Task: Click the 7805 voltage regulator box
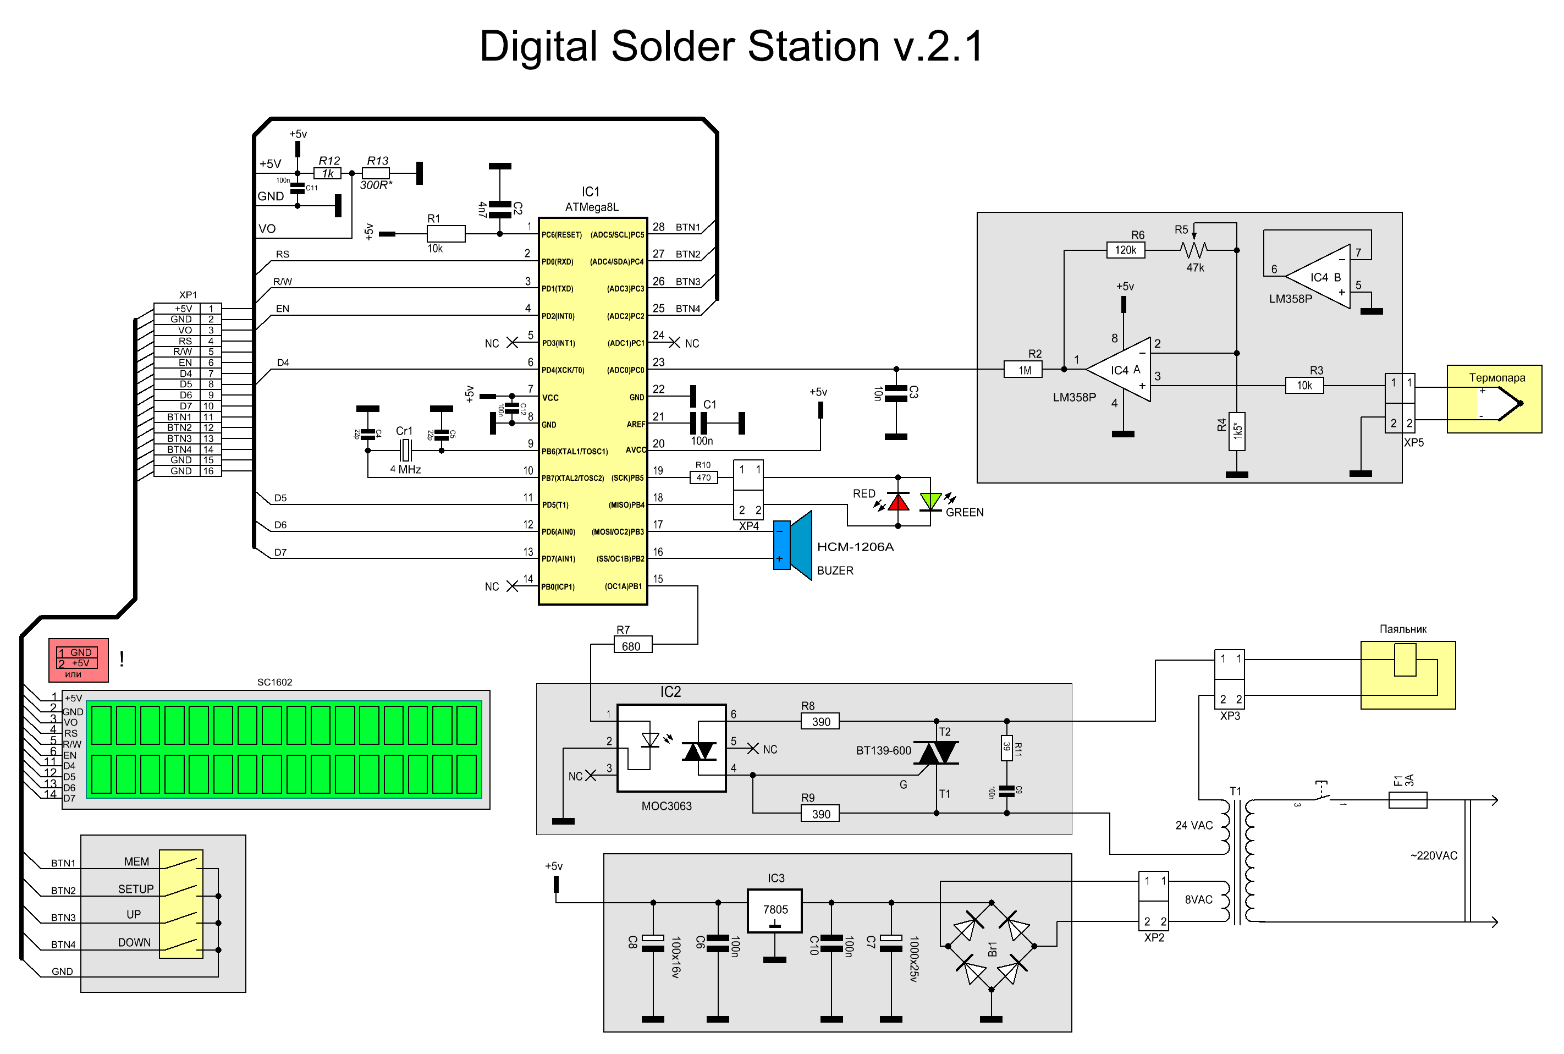click(775, 911)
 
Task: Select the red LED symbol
click(898, 502)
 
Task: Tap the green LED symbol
click(930, 502)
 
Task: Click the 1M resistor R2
click(1023, 370)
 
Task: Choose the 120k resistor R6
click(1125, 250)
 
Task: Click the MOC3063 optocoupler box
click(671, 748)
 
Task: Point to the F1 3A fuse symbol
click(1407, 800)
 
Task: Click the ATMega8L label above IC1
click(591, 207)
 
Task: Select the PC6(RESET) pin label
click(561, 234)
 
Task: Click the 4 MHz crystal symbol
click(405, 451)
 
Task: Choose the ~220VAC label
click(1434, 856)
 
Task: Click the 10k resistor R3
click(1304, 386)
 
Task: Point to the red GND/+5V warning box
click(79, 660)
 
